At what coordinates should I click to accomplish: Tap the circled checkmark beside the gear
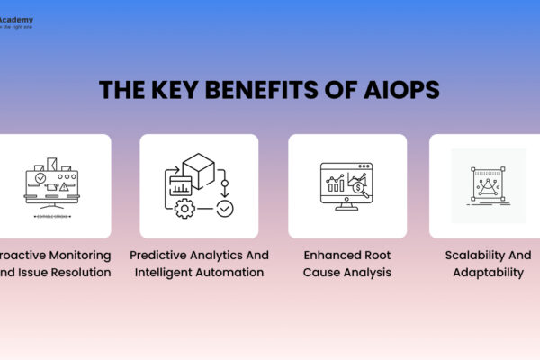[224, 209]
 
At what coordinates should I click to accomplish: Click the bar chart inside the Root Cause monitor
[336, 186]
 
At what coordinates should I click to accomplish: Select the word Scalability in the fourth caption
[476, 255]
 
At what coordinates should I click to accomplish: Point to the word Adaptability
[487, 272]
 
